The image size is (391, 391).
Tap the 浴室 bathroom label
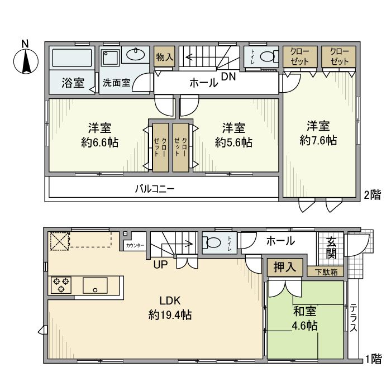point(73,83)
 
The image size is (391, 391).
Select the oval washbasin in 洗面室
point(134,54)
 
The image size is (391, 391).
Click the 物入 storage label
point(165,57)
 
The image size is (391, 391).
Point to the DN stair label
point(227,77)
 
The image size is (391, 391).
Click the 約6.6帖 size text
point(99,142)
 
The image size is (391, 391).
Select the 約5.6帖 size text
point(233,142)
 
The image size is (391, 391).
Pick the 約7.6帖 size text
point(317,140)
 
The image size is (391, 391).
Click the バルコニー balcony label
point(155,189)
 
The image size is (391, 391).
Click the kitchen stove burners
point(60,285)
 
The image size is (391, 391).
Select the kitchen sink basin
point(96,285)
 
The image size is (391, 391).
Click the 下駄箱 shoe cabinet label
point(325,272)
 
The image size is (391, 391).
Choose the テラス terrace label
point(354,319)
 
